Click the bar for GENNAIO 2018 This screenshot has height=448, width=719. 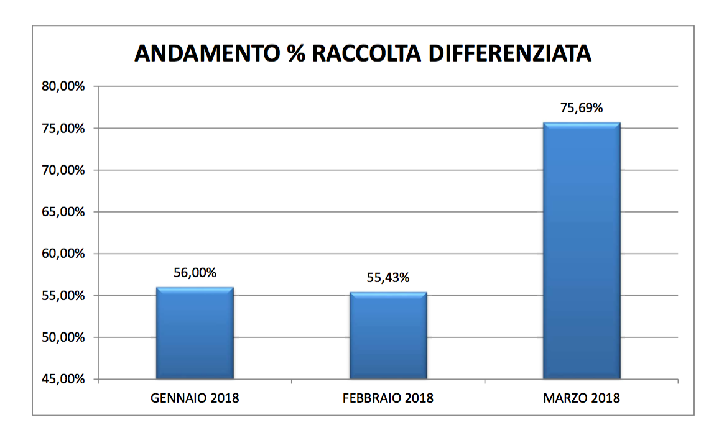pos(195,333)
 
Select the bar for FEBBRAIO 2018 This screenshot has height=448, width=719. pos(388,336)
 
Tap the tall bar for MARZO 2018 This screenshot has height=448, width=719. pos(582,251)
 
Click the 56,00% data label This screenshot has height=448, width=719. pos(195,273)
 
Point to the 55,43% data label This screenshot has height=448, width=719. pos(388,278)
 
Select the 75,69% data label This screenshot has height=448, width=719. pos(582,108)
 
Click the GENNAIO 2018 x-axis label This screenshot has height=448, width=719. pos(195,398)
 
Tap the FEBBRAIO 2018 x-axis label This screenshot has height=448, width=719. pos(388,398)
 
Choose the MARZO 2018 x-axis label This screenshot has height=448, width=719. pos(582,398)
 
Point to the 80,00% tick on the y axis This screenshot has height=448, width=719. pos(63,86)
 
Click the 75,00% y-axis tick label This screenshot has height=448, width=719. pos(63,129)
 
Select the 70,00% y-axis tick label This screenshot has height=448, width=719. pos(63,170)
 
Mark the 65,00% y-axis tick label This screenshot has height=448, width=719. pos(63,212)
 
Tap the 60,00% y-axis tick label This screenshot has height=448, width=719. pos(63,254)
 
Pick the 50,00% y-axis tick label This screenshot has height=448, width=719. pos(63,337)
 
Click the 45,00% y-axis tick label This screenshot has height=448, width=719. pos(63,379)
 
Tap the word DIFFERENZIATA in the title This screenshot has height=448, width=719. pos(515,54)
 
